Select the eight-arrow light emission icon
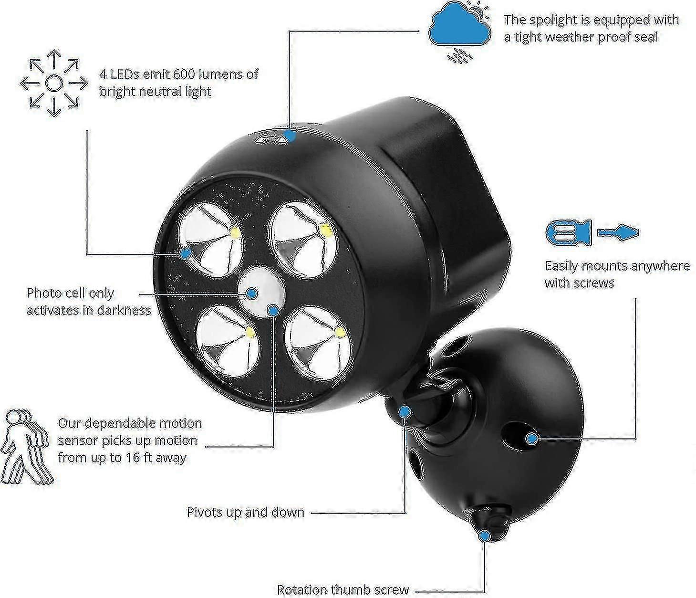pos(54,83)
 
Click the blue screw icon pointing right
pos(618,232)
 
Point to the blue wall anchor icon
pos(568,232)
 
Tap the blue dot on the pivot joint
pos(405,411)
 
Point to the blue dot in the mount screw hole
pos(531,439)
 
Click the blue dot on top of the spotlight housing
pos(290,136)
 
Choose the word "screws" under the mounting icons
pos(593,283)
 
